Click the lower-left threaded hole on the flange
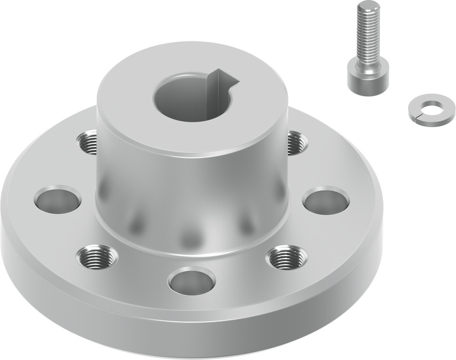click(97, 257)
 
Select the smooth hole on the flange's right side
click(326, 200)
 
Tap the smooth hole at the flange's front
click(192, 280)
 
